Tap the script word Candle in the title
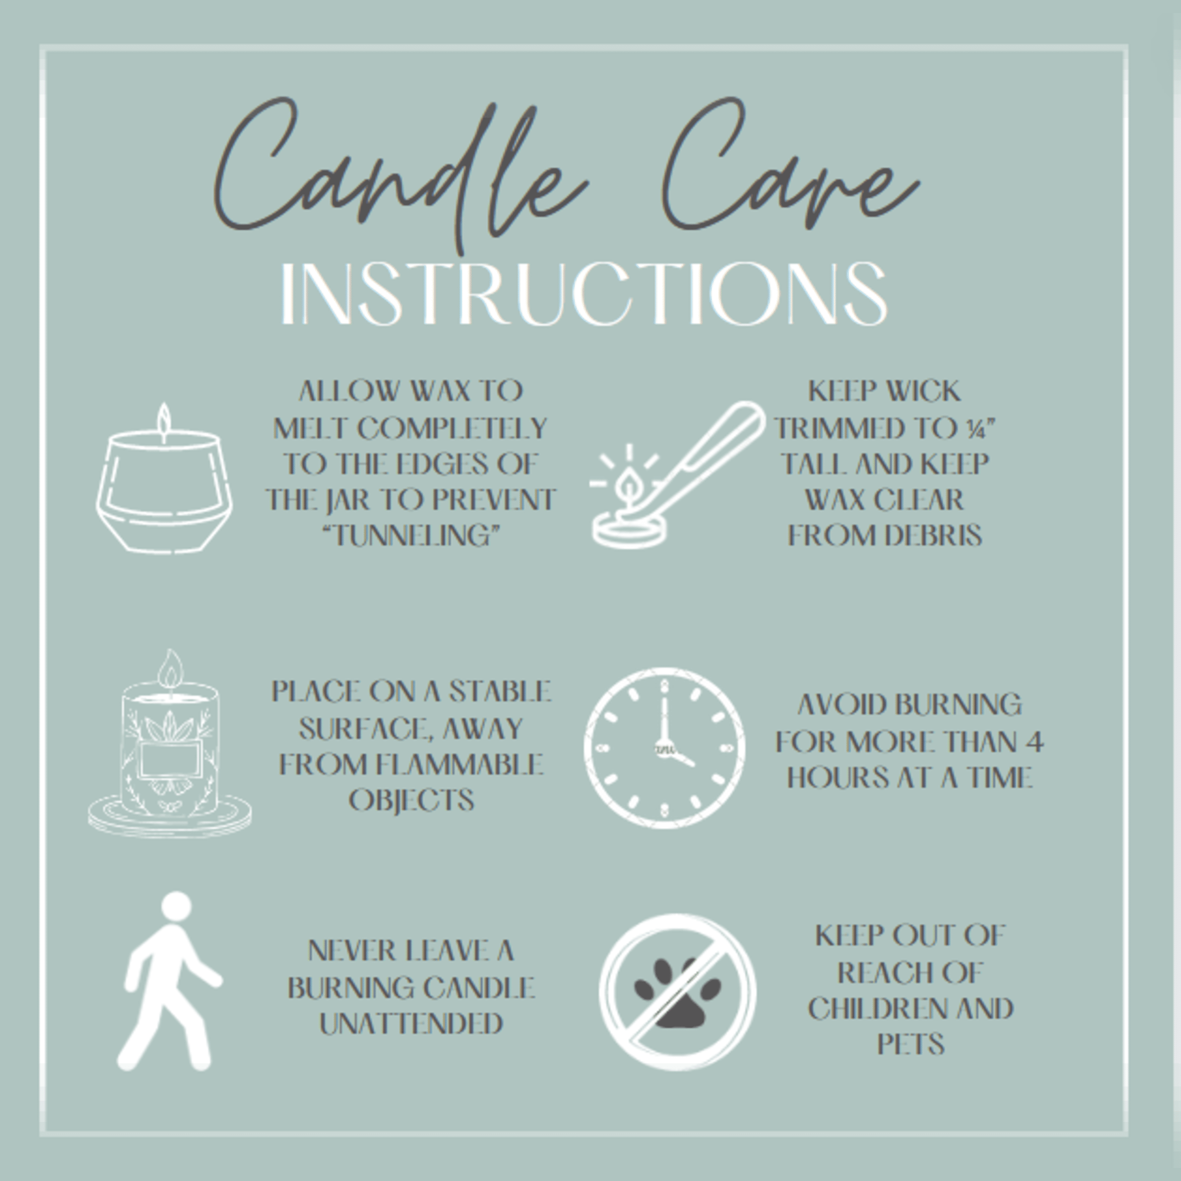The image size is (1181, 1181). [x=400, y=174]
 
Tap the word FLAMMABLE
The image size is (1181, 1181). [x=459, y=764]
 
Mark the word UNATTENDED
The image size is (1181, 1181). [x=411, y=1023]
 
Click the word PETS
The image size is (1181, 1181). [x=911, y=1044]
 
